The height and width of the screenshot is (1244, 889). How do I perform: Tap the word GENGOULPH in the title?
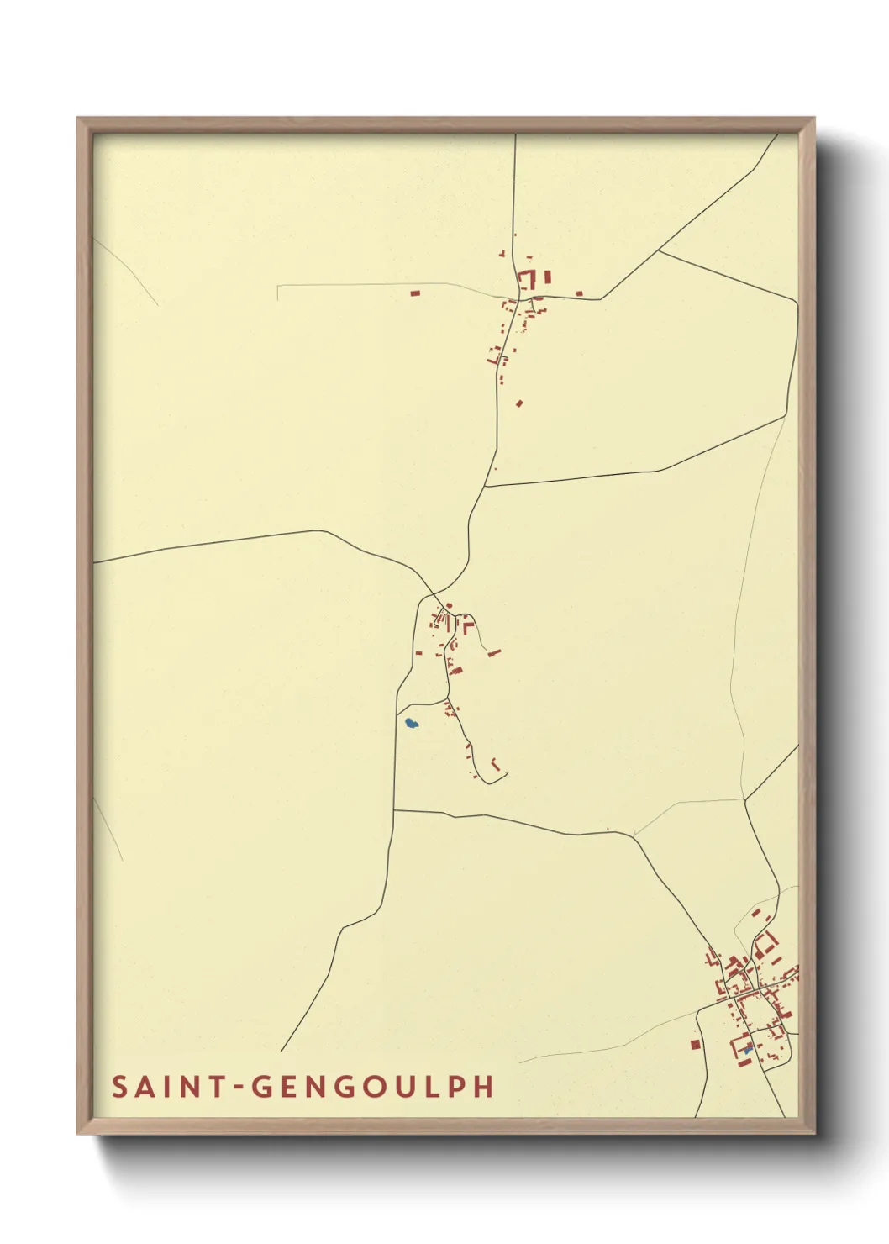(x=373, y=1087)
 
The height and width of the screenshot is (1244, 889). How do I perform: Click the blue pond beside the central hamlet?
(x=411, y=723)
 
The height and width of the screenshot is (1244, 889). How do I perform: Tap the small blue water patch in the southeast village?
(x=747, y=1050)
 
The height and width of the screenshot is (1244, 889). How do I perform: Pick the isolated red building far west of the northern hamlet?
(x=415, y=293)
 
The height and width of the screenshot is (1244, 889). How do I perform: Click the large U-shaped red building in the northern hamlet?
(x=527, y=279)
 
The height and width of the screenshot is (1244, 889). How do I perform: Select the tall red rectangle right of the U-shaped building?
(x=548, y=277)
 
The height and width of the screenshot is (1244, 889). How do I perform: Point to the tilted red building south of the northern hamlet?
(x=519, y=403)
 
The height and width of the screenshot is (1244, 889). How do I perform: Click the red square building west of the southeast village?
(x=695, y=1045)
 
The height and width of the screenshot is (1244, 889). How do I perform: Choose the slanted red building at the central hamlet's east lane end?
(x=494, y=651)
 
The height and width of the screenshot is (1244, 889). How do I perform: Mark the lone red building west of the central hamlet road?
(x=418, y=652)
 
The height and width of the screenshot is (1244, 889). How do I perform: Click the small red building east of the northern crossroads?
(x=579, y=293)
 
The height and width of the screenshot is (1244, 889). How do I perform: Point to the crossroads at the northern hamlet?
(x=518, y=298)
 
